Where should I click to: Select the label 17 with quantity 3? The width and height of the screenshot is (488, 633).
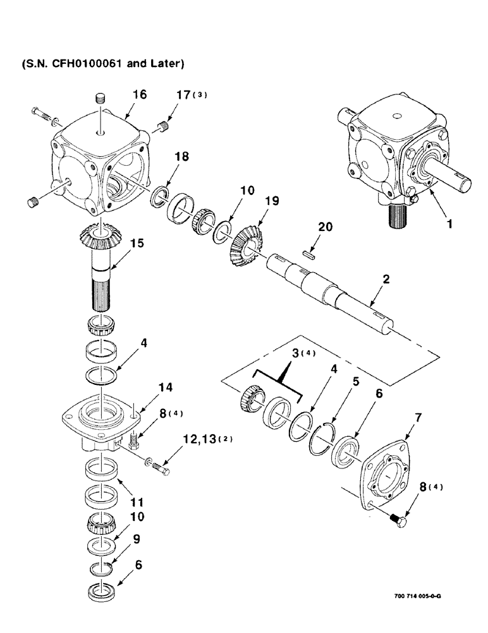(190, 95)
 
